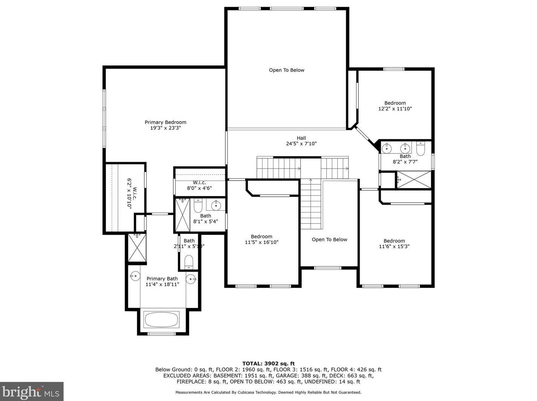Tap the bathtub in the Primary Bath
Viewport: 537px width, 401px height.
161,319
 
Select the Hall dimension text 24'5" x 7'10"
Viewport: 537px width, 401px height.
301,144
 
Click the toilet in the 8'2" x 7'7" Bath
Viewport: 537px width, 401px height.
420,149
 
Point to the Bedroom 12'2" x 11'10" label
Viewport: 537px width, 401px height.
395,106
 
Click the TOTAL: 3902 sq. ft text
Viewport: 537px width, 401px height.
268,364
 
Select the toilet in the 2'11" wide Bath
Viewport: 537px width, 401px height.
189,262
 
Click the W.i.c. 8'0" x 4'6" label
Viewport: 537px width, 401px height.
199,185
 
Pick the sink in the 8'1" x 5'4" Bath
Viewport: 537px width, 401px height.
216,205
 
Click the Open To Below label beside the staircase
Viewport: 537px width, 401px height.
329,240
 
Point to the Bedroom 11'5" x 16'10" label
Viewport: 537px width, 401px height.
261,239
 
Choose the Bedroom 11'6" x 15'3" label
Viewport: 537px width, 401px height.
394,244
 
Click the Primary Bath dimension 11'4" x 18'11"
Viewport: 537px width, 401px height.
162,284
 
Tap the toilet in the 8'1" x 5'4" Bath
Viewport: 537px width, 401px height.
198,205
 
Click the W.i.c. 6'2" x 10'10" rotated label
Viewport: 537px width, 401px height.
132,193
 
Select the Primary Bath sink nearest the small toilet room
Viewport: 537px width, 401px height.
191,279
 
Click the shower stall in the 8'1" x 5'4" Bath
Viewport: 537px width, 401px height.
183,215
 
